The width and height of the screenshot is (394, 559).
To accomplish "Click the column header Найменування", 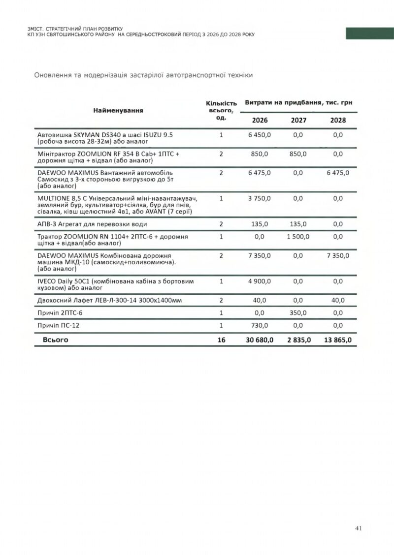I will [x=118, y=110].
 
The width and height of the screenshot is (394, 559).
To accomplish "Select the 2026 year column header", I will [x=260, y=120].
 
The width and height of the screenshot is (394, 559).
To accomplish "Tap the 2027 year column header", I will [x=298, y=120].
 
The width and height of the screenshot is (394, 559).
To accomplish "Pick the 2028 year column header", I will [x=338, y=120].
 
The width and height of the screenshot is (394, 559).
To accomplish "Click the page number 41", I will [x=359, y=528].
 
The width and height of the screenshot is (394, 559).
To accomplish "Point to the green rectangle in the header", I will [x=369, y=33].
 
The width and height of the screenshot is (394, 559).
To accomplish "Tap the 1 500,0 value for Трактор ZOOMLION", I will [x=298, y=237].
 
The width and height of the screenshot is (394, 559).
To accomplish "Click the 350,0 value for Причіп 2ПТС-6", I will [x=298, y=313].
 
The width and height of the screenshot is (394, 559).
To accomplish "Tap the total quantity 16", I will [x=221, y=340].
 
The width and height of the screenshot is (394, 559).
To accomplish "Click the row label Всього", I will [x=56, y=340].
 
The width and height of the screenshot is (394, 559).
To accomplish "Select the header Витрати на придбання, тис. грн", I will [x=298, y=102].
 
